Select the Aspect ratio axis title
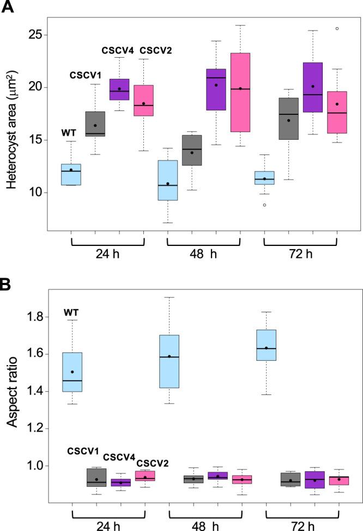(x=11, y=391)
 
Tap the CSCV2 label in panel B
(x=153, y=463)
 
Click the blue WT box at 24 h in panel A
(x=71, y=174)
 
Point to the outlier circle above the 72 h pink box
(x=337, y=28)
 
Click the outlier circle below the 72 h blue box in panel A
(x=265, y=205)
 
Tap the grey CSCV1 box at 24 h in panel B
(x=96, y=477)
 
